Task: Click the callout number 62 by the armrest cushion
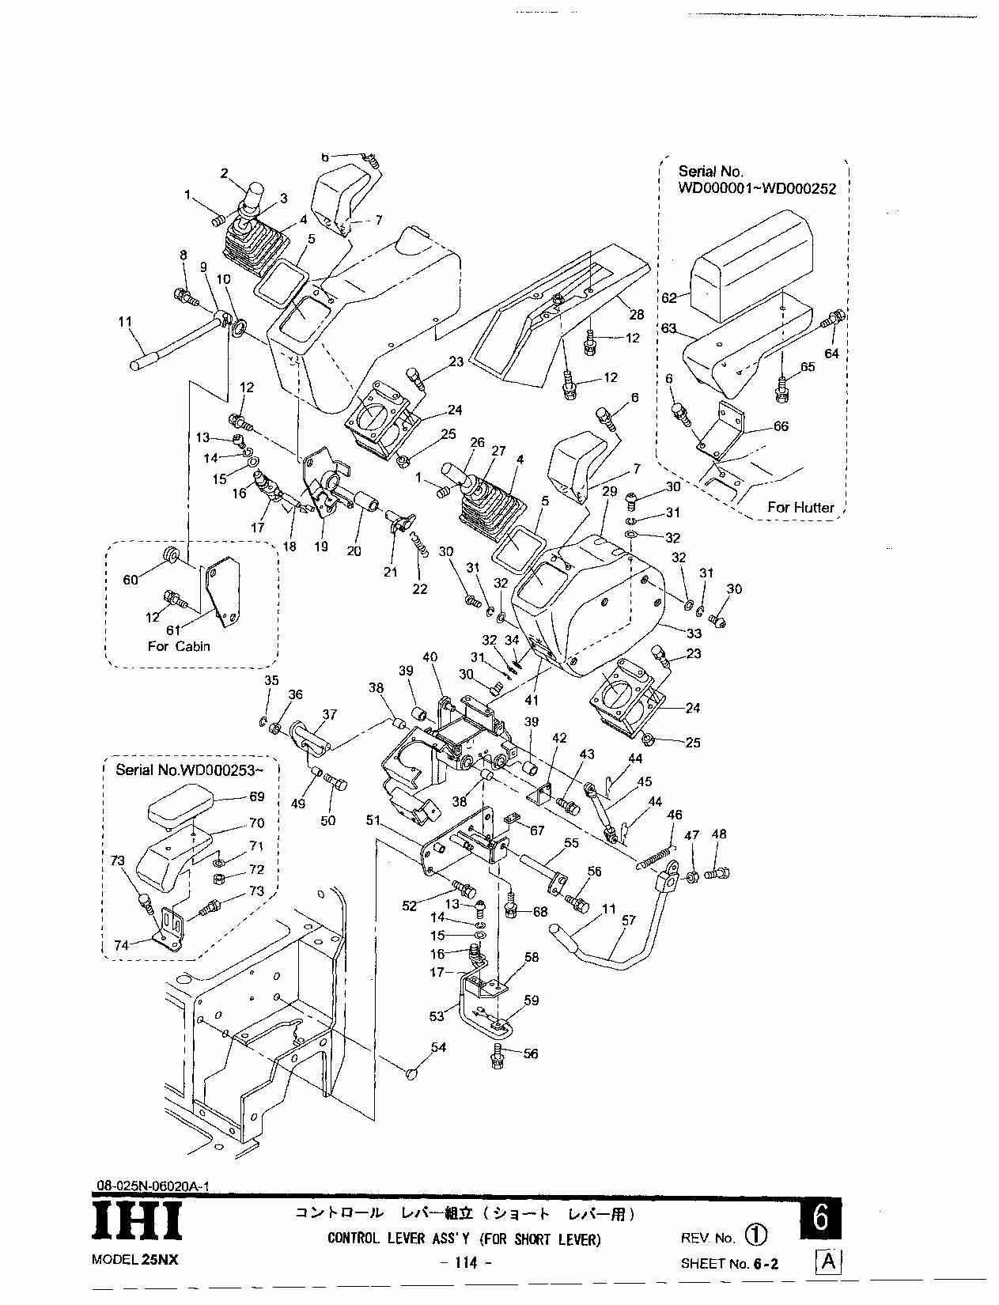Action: (669, 298)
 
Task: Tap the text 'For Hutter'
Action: (800, 507)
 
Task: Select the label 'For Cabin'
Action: (179, 646)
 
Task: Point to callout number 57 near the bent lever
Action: (629, 921)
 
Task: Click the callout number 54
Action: (438, 1047)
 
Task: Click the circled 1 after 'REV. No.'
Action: (755, 1235)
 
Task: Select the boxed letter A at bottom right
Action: (827, 1261)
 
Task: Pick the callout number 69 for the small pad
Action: (257, 796)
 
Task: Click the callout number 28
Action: (637, 315)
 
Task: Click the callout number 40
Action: (429, 657)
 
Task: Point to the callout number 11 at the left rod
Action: (125, 322)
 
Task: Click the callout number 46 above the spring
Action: (674, 815)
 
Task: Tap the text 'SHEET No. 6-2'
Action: (729, 1264)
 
